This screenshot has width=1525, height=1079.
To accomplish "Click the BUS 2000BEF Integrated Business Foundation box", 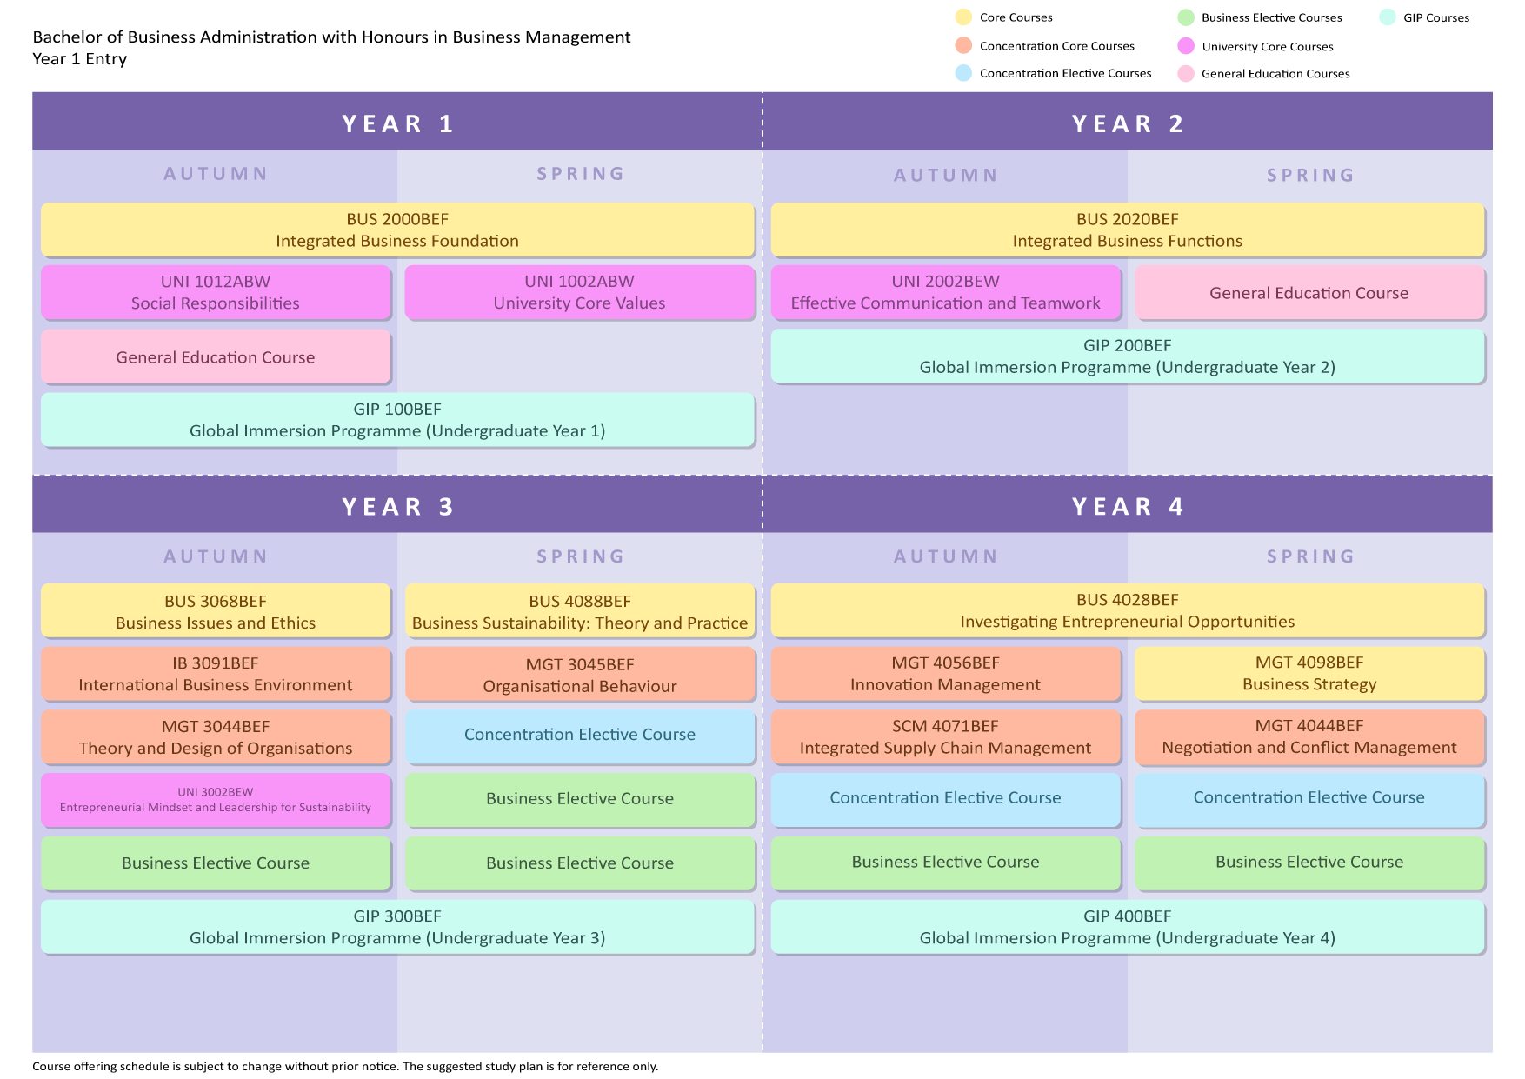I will (397, 230).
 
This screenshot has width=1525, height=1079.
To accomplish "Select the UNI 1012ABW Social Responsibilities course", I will (216, 292).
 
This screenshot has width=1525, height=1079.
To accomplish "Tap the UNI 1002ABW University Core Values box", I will (579, 292).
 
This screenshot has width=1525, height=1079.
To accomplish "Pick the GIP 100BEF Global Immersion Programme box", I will (397, 420).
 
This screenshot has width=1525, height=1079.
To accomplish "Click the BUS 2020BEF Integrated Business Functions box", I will (1127, 230).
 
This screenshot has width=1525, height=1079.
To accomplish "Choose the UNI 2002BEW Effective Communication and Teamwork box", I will (945, 292).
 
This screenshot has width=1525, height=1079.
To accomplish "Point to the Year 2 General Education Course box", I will (1309, 293).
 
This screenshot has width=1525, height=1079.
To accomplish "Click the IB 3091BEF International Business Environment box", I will (216, 674).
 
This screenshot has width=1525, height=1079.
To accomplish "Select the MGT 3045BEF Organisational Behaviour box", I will (579, 675).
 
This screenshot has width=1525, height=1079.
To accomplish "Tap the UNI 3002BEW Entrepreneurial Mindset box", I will (216, 800).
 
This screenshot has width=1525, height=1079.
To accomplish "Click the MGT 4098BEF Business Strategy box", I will (1309, 673).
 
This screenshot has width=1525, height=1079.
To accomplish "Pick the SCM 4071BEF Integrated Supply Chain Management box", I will (945, 736).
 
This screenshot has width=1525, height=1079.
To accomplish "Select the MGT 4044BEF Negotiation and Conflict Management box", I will (1309, 736).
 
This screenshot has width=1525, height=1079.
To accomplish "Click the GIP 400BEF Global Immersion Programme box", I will (1127, 927).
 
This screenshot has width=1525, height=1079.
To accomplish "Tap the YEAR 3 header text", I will (397, 507).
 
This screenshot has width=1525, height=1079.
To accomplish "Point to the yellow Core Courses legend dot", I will (963, 17).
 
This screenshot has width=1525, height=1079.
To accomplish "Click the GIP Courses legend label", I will (1435, 17).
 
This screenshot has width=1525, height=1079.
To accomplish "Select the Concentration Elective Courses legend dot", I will (963, 73).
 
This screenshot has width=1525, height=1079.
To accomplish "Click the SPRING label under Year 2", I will (1310, 176).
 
